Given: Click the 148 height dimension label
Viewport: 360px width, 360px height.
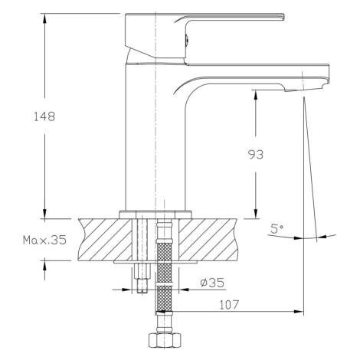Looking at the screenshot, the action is coord(44,116).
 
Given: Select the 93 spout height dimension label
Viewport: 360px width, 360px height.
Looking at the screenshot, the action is coord(256,155).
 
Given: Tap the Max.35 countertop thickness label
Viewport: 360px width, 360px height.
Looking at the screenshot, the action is coord(44,240).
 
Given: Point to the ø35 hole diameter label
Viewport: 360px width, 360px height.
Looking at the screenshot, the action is coord(212,283).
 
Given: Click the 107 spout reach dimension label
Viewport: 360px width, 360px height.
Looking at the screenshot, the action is coord(230,305).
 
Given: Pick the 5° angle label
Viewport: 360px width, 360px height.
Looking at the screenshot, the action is coord(277,229).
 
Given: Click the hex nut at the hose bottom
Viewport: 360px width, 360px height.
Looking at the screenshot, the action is coord(165,340).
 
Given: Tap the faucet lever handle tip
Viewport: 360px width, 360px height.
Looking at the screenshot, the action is coord(283,16).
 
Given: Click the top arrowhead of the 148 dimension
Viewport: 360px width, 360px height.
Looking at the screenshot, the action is coord(45,18).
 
